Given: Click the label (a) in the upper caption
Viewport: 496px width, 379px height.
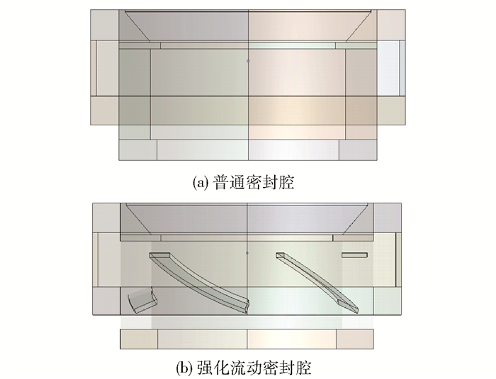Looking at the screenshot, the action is tap(201, 183).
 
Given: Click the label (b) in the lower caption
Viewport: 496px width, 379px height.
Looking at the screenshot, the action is tap(184, 368).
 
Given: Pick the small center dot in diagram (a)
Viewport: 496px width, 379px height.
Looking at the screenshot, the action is tap(248, 61).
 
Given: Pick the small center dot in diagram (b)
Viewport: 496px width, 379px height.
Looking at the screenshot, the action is tap(247, 253).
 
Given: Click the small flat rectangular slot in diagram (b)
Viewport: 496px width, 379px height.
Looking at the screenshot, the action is tap(354, 255).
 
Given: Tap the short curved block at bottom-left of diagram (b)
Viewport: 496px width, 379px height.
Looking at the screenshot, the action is tap(142, 300).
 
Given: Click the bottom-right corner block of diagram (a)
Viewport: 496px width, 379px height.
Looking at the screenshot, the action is tap(359, 150).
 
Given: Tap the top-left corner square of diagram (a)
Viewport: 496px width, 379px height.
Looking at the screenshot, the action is tap(105, 25).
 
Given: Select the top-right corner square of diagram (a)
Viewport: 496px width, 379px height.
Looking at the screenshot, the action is tap(391, 25).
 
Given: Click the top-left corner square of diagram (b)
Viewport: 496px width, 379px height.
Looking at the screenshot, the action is tap(106, 218).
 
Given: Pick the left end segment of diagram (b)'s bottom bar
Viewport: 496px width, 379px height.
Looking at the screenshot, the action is tap(139, 339).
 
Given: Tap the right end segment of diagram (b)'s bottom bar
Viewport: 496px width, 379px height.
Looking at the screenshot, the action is tap(355, 339).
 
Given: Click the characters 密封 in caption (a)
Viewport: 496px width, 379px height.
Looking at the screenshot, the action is tap(254, 182).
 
